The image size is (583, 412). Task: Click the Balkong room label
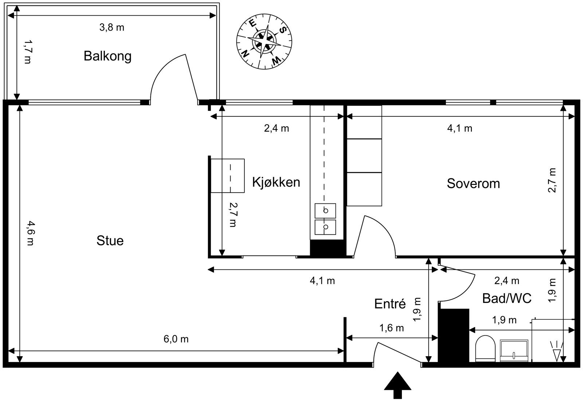click(107, 56)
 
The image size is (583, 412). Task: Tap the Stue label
click(110, 241)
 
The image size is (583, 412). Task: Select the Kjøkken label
click(276, 182)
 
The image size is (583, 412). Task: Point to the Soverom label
click(473, 183)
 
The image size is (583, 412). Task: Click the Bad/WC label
click(507, 298)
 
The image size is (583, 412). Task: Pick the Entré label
click(390, 304)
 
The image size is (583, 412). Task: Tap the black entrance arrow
click(398, 385)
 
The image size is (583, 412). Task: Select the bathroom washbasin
click(514, 350)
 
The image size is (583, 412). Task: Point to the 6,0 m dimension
click(176, 339)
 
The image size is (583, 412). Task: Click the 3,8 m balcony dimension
click(112, 27)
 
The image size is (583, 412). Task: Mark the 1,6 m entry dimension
click(392, 328)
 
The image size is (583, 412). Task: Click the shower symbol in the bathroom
click(557, 352)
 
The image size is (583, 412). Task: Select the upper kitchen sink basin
click(325, 211)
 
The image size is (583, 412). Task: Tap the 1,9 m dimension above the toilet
click(504, 320)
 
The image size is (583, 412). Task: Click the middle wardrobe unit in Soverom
click(364, 156)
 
